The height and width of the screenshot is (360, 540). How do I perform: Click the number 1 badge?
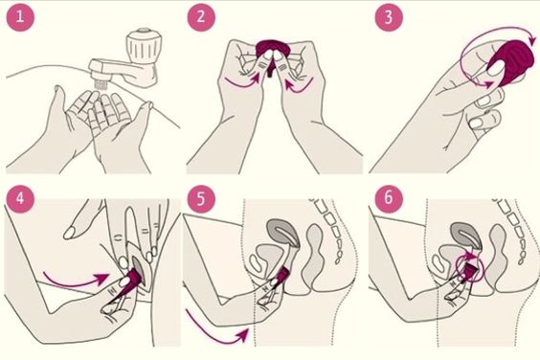point(20,17)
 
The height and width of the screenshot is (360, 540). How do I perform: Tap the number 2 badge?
point(200,17)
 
